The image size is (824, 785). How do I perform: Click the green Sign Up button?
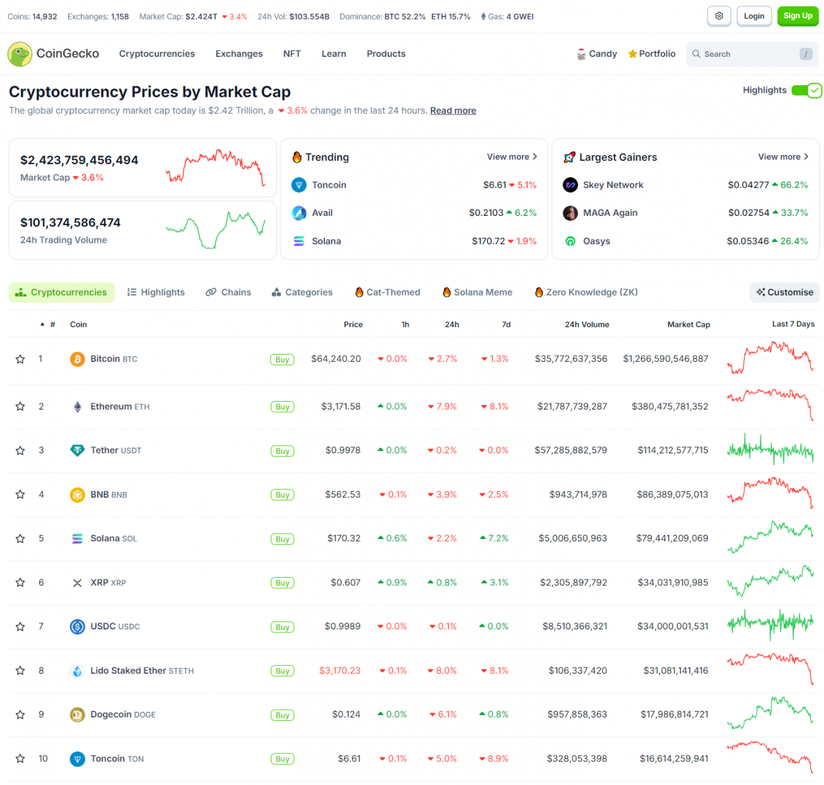point(797,16)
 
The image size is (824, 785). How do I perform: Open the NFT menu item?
point(292,54)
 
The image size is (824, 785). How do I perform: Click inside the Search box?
point(746,54)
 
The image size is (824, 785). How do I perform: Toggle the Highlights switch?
point(806,91)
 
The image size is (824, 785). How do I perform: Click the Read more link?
point(453,111)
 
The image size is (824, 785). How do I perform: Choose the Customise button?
point(785,292)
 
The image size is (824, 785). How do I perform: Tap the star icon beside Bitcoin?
point(20,359)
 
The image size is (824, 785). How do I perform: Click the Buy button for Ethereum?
point(282,407)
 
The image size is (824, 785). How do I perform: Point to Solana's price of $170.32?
point(344,538)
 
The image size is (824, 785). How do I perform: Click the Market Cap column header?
point(688,324)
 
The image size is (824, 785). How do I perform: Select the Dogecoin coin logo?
point(77,715)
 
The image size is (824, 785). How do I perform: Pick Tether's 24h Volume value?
point(570,450)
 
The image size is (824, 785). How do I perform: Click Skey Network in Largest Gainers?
point(613,185)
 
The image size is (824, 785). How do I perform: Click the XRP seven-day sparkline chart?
point(770,582)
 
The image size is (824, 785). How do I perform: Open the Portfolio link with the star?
point(651,54)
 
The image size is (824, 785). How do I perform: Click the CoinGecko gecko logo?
point(20,54)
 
